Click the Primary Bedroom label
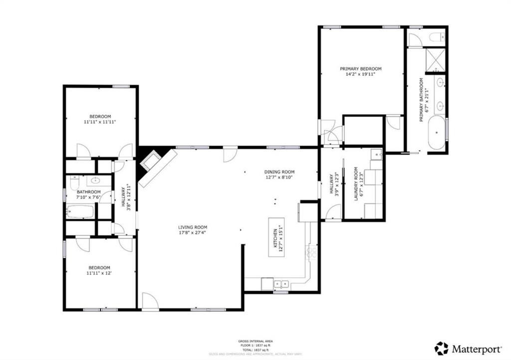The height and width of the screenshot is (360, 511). [x=360, y=69]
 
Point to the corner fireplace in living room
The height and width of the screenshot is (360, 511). [x=150, y=161]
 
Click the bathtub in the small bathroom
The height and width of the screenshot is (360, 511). [x=80, y=212]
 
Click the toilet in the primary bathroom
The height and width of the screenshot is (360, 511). [x=437, y=37]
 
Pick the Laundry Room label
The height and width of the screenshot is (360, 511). [x=356, y=183]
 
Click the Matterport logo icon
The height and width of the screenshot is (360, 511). [x=441, y=348]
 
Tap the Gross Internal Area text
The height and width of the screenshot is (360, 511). [x=255, y=341]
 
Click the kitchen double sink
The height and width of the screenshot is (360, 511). [x=280, y=284]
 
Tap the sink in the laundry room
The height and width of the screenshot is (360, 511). [x=377, y=155]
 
